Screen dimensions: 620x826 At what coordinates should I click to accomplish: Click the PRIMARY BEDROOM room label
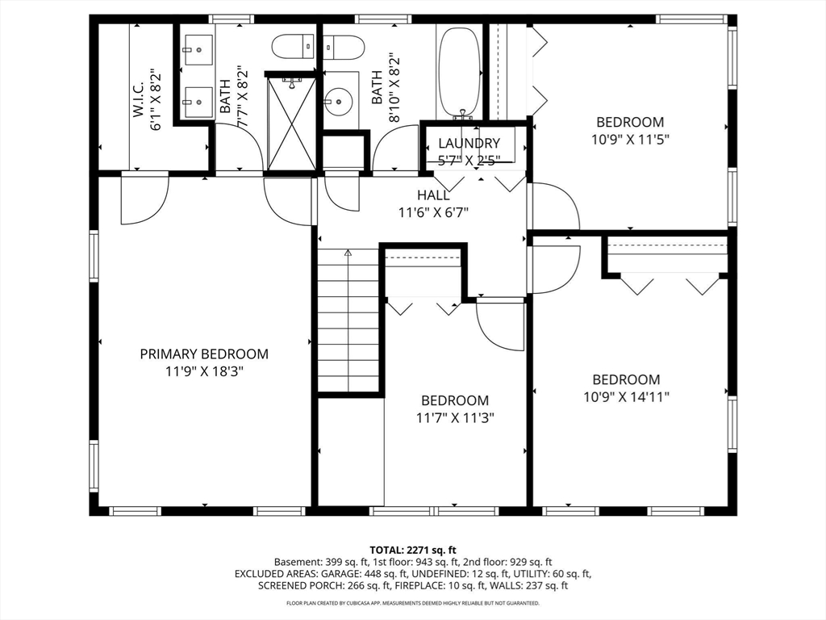pyautogui.click(x=204, y=354)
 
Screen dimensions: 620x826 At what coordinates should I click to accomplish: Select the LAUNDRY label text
pyautogui.click(x=469, y=143)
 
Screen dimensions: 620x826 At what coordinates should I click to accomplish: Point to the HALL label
pyautogui.click(x=433, y=195)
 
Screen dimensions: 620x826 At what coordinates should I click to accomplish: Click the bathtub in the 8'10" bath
pyautogui.click(x=459, y=73)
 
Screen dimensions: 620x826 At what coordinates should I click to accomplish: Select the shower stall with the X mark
pyautogui.click(x=291, y=123)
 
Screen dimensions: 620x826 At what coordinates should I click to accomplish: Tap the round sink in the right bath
pyautogui.click(x=339, y=102)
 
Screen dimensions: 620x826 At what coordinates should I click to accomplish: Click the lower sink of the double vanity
pyautogui.click(x=197, y=103)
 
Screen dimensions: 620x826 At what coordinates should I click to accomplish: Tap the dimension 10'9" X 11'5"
pyautogui.click(x=630, y=138)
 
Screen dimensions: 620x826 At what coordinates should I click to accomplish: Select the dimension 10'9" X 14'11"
pyautogui.click(x=626, y=396)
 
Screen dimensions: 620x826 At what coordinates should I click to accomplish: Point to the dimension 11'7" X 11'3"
pyautogui.click(x=455, y=417)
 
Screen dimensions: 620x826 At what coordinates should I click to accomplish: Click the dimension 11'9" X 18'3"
pyautogui.click(x=204, y=371)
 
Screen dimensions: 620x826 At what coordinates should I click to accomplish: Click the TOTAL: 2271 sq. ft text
pyautogui.click(x=412, y=549)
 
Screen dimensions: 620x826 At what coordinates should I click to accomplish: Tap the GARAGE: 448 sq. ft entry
pyautogui.click(x=348, y=574)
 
